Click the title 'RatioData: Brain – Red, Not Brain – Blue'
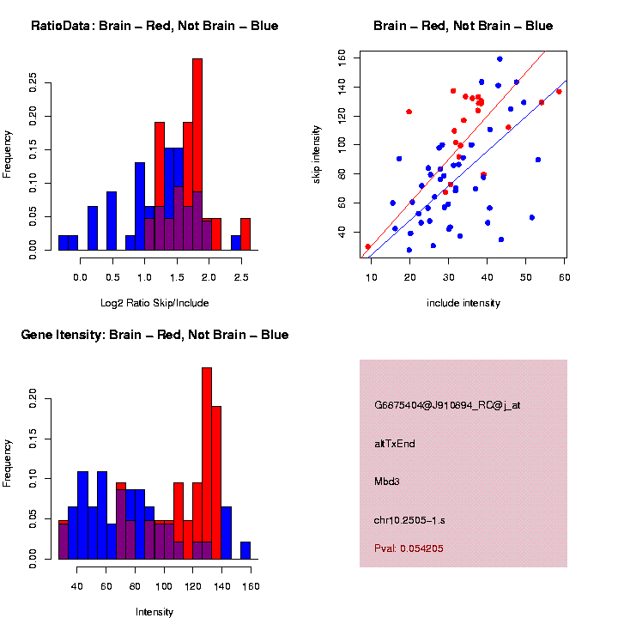coord(154,26)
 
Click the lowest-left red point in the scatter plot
coord(368,246)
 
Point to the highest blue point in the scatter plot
coord(500,59)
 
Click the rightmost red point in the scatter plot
coord(559,92)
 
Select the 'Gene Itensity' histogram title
coord(154,335)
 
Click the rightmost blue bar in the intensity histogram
coord(245,550)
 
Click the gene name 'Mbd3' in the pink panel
coord(387,482)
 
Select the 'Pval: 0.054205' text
coord(409,548)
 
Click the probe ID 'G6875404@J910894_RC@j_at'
coord(447,405)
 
